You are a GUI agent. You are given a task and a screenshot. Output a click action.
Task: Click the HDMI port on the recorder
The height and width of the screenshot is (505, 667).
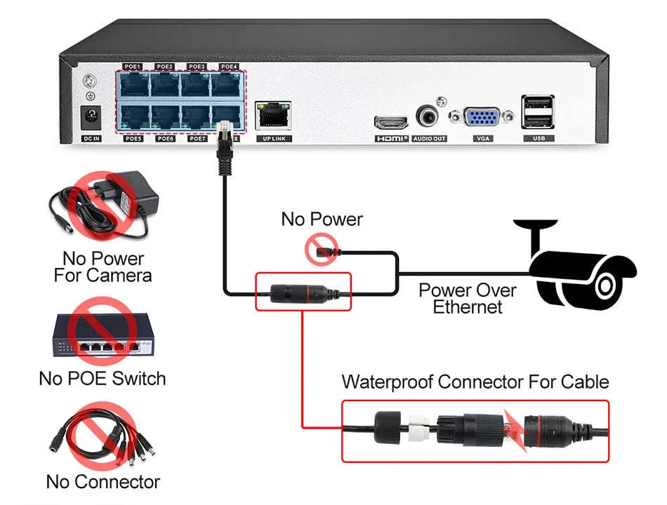392,122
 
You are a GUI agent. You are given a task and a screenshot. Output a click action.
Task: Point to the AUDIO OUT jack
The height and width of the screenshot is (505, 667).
428,116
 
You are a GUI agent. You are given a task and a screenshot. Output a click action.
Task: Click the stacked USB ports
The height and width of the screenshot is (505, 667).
538,112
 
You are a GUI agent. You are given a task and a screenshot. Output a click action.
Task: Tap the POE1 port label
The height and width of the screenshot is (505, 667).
133,67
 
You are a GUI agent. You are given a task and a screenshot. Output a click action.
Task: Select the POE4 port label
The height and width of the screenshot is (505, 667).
228,67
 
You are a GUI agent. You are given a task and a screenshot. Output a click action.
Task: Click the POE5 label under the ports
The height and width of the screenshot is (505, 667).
133,139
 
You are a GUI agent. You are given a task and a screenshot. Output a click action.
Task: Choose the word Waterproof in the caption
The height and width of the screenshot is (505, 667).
388,382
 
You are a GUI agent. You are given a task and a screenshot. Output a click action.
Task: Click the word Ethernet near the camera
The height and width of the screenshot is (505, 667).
468,307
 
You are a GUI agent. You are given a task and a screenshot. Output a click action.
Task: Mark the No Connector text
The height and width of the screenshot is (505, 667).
103,483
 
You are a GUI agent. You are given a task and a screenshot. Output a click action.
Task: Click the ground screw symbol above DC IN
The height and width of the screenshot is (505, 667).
89,83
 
